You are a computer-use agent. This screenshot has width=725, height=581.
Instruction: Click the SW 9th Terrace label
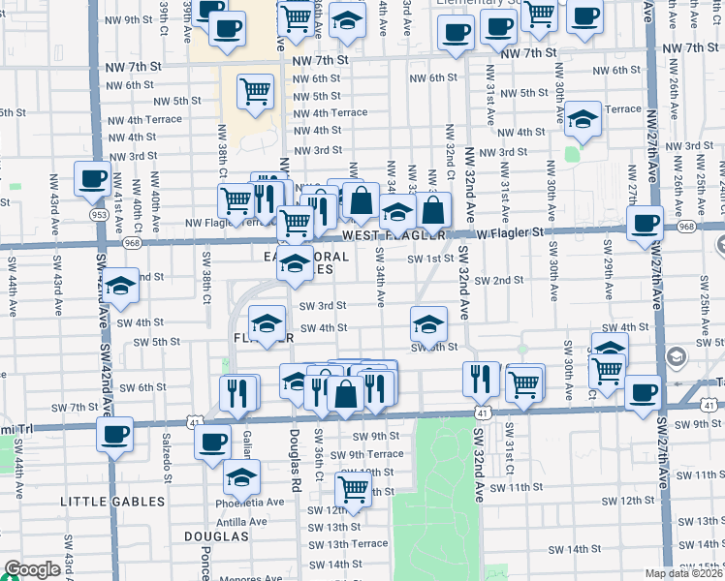366,454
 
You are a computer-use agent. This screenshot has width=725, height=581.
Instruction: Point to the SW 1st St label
430,259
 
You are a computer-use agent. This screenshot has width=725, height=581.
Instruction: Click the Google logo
32,569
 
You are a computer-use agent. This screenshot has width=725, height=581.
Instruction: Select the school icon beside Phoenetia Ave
241,475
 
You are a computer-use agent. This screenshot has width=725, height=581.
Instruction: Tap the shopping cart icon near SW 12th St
354,489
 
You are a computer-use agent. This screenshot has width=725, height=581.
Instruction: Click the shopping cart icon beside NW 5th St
255,91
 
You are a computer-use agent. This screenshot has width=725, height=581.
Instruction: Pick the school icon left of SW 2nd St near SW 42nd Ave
121,286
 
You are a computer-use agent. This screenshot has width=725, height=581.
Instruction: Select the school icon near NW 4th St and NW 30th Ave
583,118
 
